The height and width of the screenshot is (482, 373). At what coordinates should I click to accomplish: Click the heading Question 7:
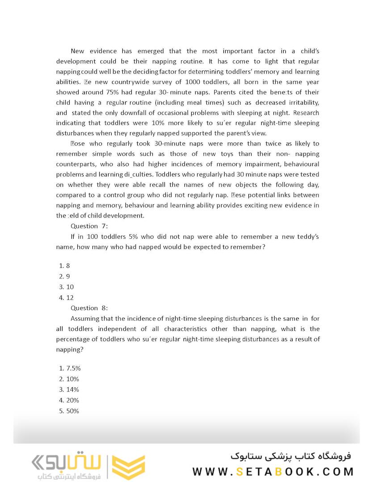click(x=89, y=226)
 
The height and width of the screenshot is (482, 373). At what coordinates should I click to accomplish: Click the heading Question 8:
click(x=89, y=308)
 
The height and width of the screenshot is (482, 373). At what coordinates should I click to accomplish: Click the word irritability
click(x=301, y=102)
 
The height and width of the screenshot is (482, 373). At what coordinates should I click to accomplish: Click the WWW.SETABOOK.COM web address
click(x=273, y=472)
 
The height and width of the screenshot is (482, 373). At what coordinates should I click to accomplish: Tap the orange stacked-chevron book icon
click(x=128, y=467)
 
